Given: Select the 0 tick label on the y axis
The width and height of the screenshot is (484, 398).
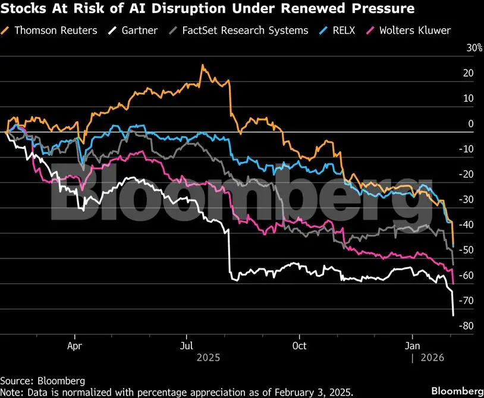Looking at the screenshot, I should [x=470, y=124].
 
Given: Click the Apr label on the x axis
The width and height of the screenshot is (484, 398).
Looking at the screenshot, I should [x=74, y=346].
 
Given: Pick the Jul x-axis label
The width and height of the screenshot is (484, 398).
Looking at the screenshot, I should [x=187, y=346].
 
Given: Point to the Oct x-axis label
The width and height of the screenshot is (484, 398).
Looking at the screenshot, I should [x=300, y=346].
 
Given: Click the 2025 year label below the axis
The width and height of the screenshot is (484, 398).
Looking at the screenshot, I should [x=208, y=358].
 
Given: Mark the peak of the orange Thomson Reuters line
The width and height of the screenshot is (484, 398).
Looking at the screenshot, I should [x=203, y=65].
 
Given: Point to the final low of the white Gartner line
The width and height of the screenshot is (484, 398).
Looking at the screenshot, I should [x=453, y=315].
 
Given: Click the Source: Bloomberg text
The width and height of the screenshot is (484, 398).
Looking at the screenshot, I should [x=43, y=380].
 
